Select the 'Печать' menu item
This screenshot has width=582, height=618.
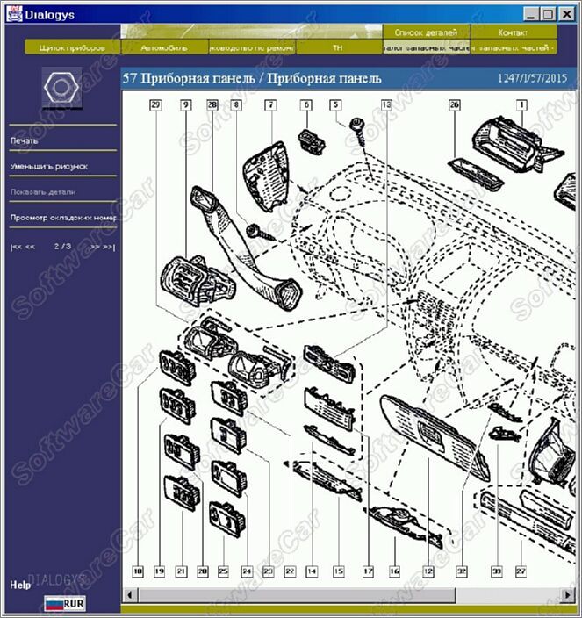pos(25,140)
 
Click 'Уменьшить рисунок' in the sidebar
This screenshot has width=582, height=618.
pos(49,166)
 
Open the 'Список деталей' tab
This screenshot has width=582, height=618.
pos(426,32)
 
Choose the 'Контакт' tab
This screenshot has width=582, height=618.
pos(513,32)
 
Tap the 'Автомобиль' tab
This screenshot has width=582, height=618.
pos(164,47)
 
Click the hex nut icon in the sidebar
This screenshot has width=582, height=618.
pos(61,85)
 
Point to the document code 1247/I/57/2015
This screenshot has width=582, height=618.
pos(532,79)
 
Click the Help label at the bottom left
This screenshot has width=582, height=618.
pos(20,585)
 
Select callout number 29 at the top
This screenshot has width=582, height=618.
pos(155,104)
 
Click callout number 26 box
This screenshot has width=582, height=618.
pos(455,104)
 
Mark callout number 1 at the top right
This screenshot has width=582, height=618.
pos(521,104)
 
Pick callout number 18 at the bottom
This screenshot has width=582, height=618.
pos(138,571)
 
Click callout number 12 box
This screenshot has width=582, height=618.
pos(428,571)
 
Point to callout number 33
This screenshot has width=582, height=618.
pos(497,571)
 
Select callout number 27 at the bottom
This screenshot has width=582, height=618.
pos(521,571)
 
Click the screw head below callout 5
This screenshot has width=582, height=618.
pos(358,124)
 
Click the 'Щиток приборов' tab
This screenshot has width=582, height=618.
pos(73,47)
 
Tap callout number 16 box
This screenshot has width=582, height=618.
pos(394,571)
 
